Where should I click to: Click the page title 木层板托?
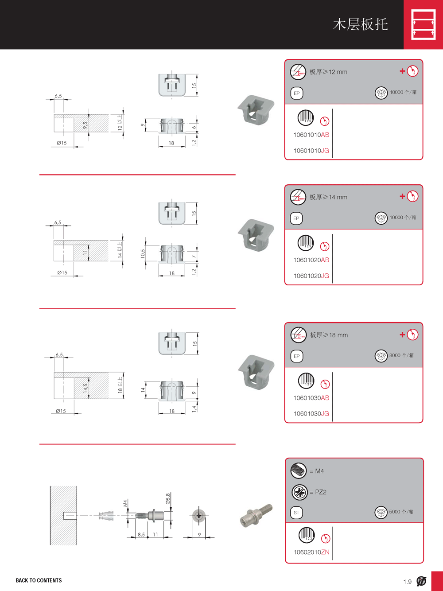360,24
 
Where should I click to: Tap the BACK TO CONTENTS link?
39,580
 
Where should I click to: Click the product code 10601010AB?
311,135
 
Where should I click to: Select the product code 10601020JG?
311,276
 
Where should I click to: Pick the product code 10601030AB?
311,398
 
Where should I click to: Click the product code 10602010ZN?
312,552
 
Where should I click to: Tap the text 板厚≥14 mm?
328,197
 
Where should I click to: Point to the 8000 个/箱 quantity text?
401,355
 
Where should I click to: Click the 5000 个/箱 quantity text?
401,512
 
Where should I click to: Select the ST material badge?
297,513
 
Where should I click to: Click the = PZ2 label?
318,492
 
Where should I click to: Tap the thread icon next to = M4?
299,470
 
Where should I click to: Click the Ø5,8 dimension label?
168,499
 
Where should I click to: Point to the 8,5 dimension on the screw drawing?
141,534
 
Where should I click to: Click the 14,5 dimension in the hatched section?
85,388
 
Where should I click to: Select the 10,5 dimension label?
143,253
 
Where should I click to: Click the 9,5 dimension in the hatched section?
85,125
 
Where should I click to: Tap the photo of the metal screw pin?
256,515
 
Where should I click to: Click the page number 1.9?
408,582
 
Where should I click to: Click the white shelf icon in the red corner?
424,24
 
